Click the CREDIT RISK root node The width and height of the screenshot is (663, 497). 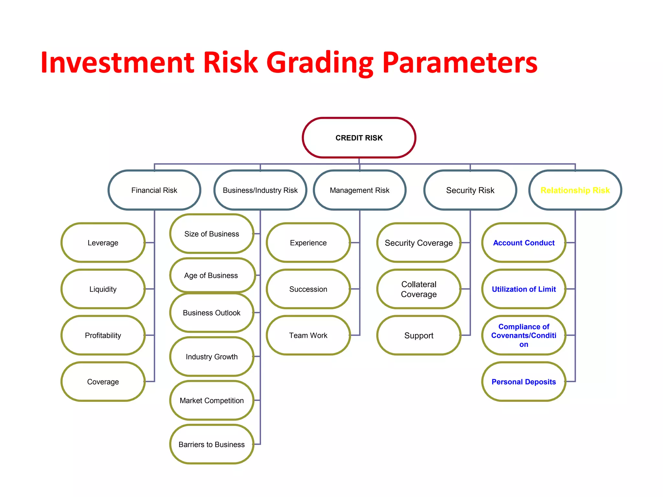tap(359, 138)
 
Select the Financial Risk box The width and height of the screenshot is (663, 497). tap(154, 190)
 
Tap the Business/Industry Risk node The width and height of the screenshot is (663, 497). tap(260, 190)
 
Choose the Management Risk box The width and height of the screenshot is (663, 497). tap(359, 190)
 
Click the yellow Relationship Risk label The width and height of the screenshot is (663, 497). tap(575, 190)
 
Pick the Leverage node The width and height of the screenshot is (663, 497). tap(103, 243)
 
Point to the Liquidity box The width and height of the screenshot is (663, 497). tap(103, 289)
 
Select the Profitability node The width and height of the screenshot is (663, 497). tap(103, 335)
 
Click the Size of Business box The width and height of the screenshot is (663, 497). tap(212, 234)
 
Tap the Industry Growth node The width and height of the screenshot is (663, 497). tap(212, 357)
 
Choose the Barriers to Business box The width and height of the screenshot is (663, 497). tap(212, 444)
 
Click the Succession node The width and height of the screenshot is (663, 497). tap(308, 289)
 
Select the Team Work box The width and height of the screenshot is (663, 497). tap(308, 335)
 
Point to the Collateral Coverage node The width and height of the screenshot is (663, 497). tap(419, 289)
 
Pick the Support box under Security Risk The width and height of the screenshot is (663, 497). tap(419, 335)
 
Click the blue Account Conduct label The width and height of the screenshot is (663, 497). tap(523, 243)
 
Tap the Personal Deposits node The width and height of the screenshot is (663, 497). tap(523, 382)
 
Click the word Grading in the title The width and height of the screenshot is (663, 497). tap(320, 63)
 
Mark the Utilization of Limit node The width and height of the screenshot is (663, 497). tap(523, 289)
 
